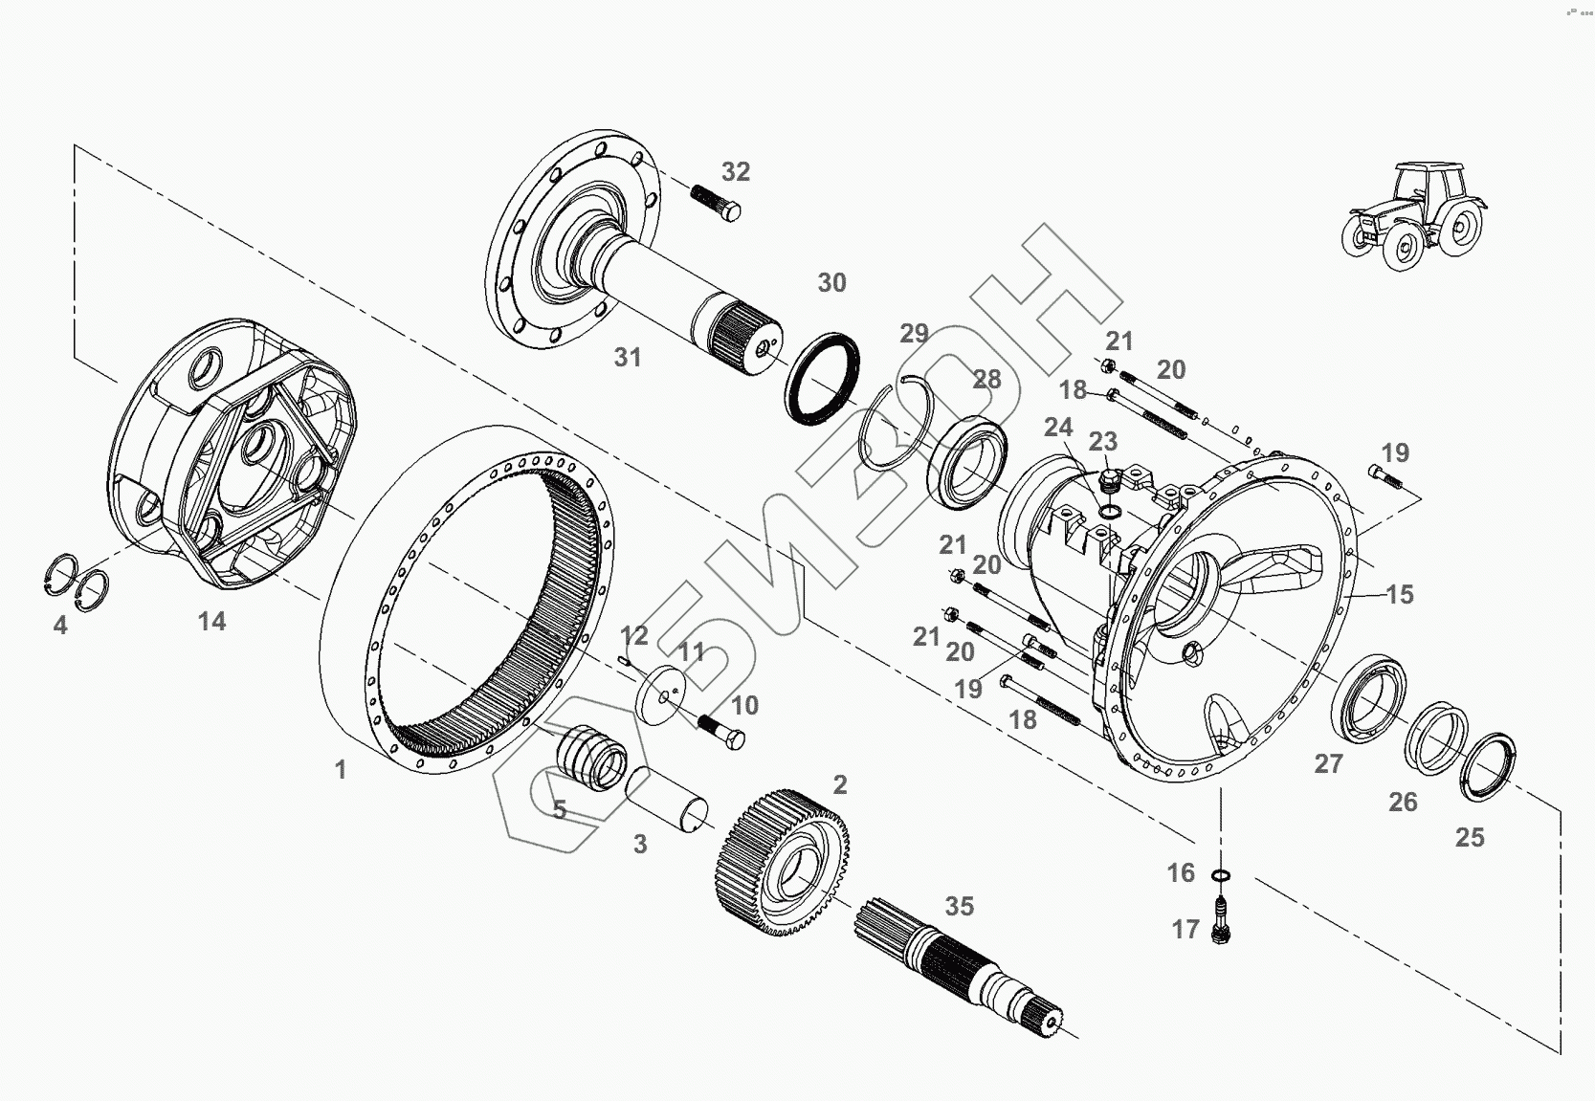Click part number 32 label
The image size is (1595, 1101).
[735, 172]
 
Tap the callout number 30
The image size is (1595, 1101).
[831, 283]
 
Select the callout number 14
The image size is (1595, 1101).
[211, 622]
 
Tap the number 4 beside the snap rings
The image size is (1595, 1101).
[60, 627]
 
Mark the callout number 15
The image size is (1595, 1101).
[1399, 595]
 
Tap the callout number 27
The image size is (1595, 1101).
[1328, 764]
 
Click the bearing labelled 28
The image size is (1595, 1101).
[968, 458]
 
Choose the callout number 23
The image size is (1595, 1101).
[1103, 442]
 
